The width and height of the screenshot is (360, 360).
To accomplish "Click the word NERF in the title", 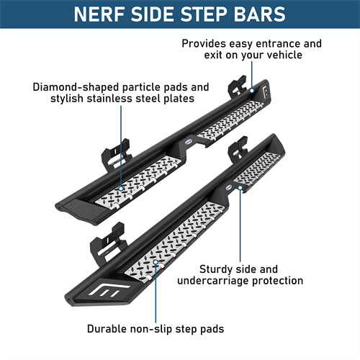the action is tap(100, 14).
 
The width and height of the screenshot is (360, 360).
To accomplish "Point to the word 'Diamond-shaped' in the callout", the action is tap(76, 87).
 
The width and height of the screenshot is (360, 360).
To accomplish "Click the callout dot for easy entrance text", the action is tap(252, 91).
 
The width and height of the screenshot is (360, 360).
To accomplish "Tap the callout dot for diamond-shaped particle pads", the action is tap(121, 189).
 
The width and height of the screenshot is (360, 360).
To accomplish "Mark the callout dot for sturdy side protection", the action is tap(240, 187).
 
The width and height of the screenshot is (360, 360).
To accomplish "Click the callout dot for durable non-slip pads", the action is tap(156, 262).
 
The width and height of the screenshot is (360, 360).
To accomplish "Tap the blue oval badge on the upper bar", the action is tap(189, 142).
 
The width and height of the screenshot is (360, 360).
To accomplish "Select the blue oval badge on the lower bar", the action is tap(229, 187).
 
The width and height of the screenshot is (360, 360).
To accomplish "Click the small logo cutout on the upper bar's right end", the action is tap(266, 91).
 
